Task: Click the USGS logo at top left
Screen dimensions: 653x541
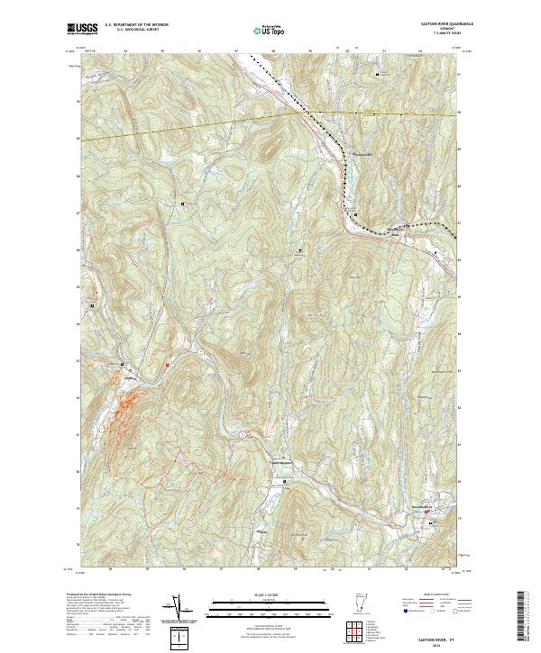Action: click(83, 29)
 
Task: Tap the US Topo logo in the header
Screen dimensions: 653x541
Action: click(270, 29)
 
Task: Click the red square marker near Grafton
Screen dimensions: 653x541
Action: click(168, 364)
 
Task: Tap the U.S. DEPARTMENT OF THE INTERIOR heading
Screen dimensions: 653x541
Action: click(135, 24)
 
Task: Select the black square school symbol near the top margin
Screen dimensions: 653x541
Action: click(378, 72)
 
